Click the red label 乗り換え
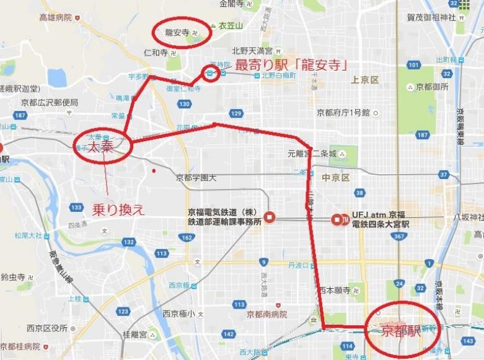pyautogui.click(x=118, y=209)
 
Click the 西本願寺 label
pyautogui.click(x=335, y=290)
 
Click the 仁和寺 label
pyautogui.click(x=155, y=53)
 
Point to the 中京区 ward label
pyautogui.click(x=336, y=177)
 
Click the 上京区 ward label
pyautogui.click(x=364, y=79)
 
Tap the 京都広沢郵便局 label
pyautogui.click(x=49, y=102)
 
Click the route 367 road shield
pyautogui.click(x=400, y=236)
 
